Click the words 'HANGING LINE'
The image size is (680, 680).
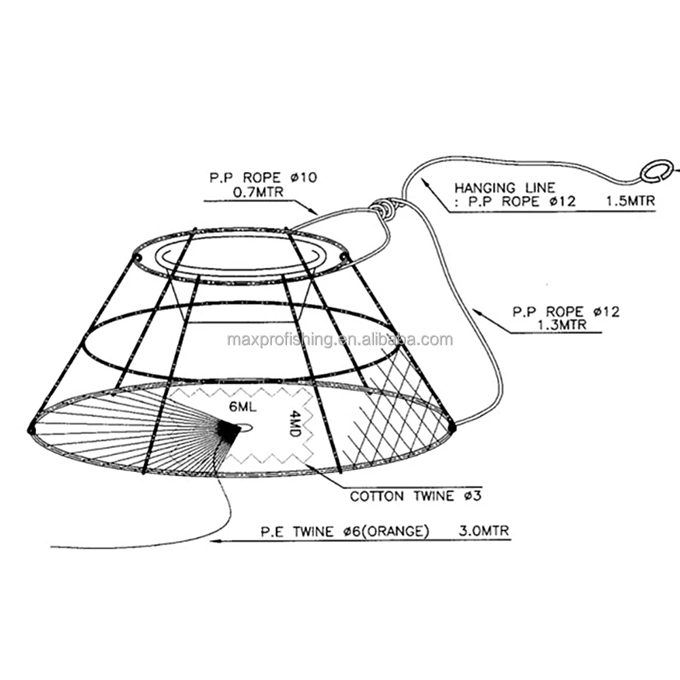click(505, 188)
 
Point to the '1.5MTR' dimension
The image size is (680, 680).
click(629, 201)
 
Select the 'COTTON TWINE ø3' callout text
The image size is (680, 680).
click(415, 496)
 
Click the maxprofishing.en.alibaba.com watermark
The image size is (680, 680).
click(340, 339)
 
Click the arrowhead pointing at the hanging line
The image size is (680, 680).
click(424, 181)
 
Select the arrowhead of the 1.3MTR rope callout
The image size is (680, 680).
click(477, 309)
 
